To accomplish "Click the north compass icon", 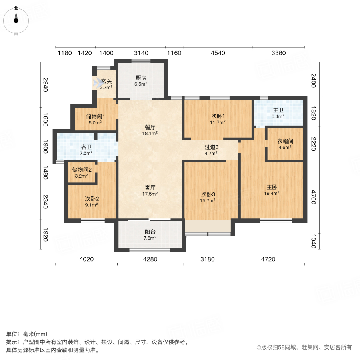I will [x=16, y=19].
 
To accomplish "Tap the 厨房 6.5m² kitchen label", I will [x=141, y=81].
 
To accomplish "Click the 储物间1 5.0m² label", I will [x=95, y=120].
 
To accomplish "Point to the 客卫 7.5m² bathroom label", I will [x=86, y=150].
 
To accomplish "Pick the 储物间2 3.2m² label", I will [x=82, y=172].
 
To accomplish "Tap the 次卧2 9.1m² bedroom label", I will [x=92, y=201].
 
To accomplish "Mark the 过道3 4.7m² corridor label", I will [x=211, y=150].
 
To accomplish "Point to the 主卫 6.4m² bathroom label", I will [x=278, y=113].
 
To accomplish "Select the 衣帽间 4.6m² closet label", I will [x=285, y=144].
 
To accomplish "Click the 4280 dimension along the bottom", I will [x=150, y=259].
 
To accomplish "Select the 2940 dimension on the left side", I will [x=46, y=84].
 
